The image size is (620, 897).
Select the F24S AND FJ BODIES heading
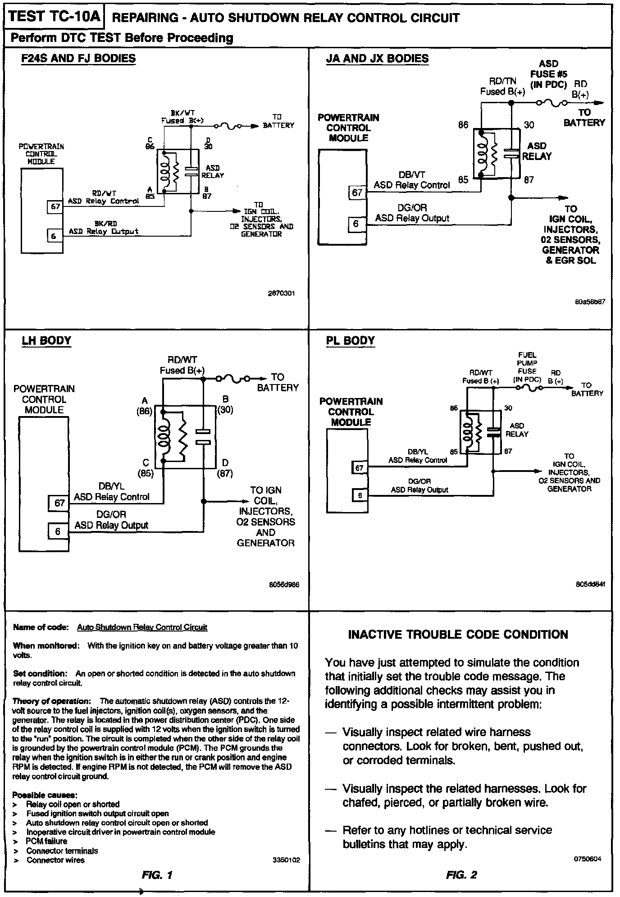tap(78, 59)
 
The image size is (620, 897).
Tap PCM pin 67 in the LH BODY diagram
tap(59, 503)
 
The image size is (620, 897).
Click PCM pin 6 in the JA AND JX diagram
tap(356, 224)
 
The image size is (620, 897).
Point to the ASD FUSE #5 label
tap(548, 74)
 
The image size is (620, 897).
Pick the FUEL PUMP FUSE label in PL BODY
tap(527, 367)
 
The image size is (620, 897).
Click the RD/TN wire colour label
tap(503, 81)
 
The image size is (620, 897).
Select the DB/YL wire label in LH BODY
tap(111, 486)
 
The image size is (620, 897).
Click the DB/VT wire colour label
tap(412, 175)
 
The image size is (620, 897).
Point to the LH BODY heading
tap(46, 340)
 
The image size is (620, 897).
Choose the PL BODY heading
tap(350, 340)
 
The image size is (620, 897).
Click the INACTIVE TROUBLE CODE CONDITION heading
tap(458, 635)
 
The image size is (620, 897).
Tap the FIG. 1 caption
tap(157, 875)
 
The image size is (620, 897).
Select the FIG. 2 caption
tap(461, 875)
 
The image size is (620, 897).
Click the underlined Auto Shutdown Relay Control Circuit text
tap(142, 627)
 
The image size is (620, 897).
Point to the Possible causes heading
tap(45, 794)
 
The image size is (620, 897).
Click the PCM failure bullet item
tap(46, 841)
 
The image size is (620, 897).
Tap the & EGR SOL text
tap(570, 261)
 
